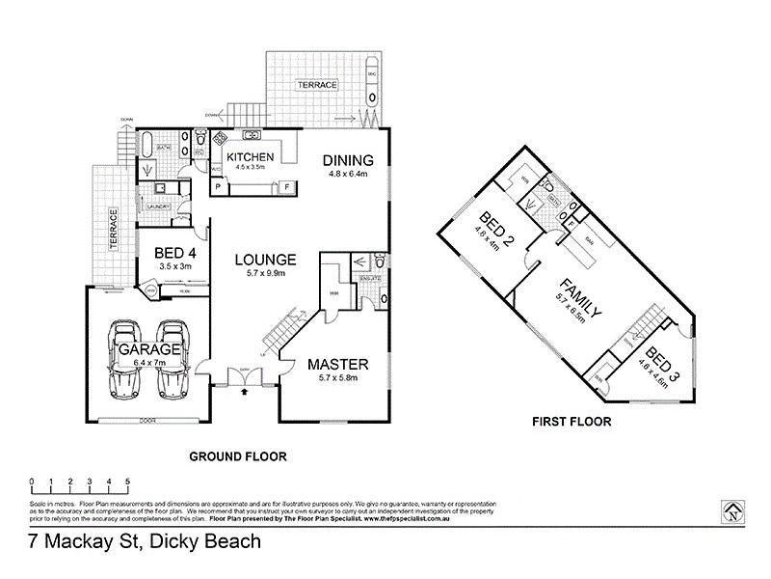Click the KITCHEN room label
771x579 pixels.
252,156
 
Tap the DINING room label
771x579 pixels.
347,160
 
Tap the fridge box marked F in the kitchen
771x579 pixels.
287,186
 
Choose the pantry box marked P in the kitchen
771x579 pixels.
218,187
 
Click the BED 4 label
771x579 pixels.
174,254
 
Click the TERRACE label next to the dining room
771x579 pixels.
316,85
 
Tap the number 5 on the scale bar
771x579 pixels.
126,481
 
